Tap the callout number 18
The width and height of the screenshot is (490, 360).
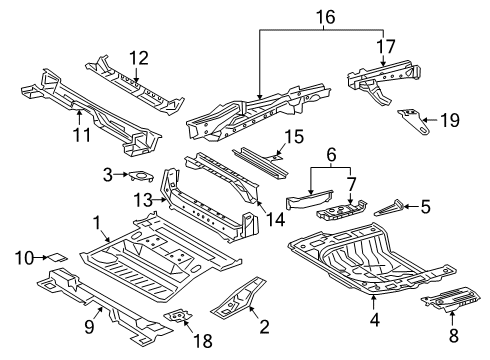click(204, 340)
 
